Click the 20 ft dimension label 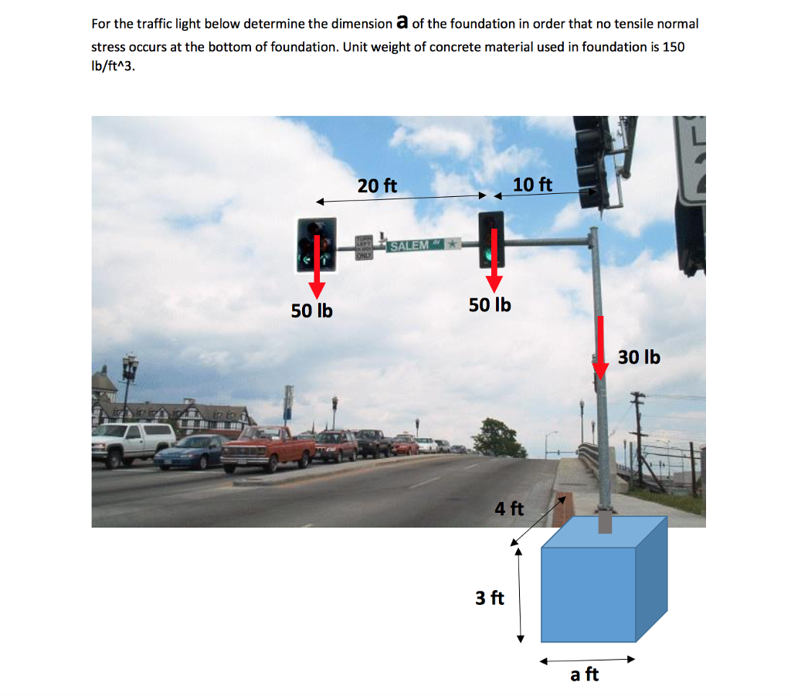pyautogui.click(x=377, y=186)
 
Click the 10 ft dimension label pyautogui.click(x=533, y=185)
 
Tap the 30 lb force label pyautogui.click(x=639, y=357)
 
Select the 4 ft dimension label pyautogui.click(x=509, y=508)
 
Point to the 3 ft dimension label pyautogui.click(x=490, y=597)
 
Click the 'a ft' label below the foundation pyautogui.click(x=584, y=674)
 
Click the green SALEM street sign pyautogui.click(x=412, y=246)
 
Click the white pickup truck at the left pyautogui.click(x=133, y=442)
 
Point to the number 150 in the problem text pyautogui.click(x=673, y=46)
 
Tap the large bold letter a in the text pyautogui.click(x=401, y=22)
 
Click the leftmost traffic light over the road pyautogui.click(x=317, y=244)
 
